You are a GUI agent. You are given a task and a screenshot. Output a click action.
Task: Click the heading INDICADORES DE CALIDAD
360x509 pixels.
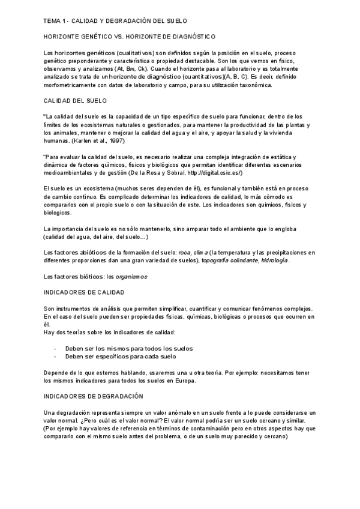(85, 292)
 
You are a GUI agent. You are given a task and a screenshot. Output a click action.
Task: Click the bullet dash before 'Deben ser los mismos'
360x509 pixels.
(55, 348)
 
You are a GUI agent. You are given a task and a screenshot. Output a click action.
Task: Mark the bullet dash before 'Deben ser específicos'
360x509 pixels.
(55, 356)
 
